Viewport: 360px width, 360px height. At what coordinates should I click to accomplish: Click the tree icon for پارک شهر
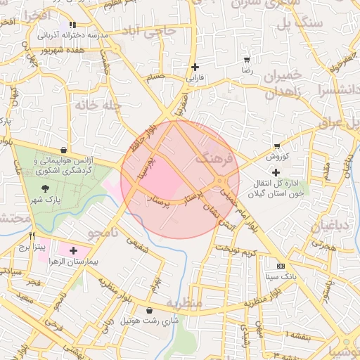pyautogui.click(x=45, y=188)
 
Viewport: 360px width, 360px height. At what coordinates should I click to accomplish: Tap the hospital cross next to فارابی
pyautogui.click(x=195, y=67)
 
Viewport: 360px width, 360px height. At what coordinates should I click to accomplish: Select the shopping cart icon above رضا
pyautogui.click(x=246, y=60)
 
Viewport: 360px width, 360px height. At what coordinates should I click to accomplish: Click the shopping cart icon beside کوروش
pyautogui.click(x=277, y=147)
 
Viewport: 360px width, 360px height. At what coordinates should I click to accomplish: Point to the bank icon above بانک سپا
pyautogui.click(x=281, y=266)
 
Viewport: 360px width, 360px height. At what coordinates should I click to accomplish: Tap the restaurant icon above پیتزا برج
pyautogui.click(x=32, y=237)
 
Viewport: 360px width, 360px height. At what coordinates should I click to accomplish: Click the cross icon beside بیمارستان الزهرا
pyautogui.click(x=73, y=250)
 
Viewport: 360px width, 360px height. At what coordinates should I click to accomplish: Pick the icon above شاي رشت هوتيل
pyautogui.click(x=149, y=311)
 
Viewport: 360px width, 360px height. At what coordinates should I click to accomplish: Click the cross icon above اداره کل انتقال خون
pyautogui.click(x=276, y=172)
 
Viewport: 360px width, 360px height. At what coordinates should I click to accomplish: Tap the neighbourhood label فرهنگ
pyautogui.click(x=214, y=158)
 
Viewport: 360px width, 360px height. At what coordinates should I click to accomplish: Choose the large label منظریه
pyautogui.click(x=184, y=302)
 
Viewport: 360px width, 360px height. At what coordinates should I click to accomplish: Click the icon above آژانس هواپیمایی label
pyautogui.click(x=64, y=149)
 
